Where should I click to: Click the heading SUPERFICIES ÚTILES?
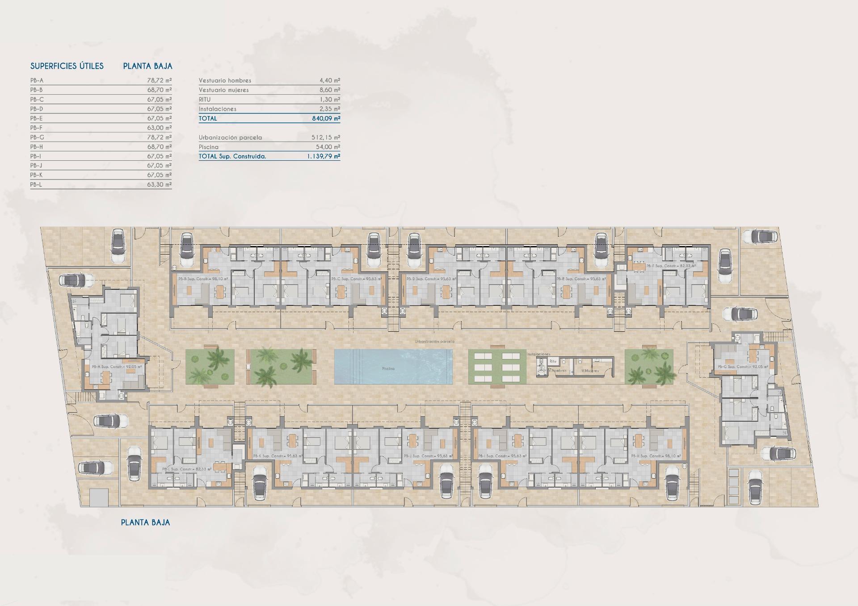[x=67, y=66]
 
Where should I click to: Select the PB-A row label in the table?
[x=37, y=81]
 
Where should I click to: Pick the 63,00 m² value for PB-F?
[x=159, y=128]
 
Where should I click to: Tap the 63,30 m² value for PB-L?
[x=159, y=184]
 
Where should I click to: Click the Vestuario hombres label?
[x=225, y=81]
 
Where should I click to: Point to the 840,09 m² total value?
[x=326, y=119]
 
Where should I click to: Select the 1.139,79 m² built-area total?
[x=323, y=157]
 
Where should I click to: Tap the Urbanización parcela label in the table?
[x=230, y=138]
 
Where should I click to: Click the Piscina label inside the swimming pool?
[x=388, y=369]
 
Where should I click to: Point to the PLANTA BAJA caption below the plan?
[x=145, y=522]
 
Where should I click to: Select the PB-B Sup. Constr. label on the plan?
[x=203, y=279]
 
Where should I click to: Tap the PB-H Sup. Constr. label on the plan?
[x=656, y=456]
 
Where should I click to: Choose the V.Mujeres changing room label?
[x=590, y=371]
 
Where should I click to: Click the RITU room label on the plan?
[x=553, y=361]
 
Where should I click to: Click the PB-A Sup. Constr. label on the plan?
[x=116, y=367]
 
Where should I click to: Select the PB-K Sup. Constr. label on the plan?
[x=278, y=456]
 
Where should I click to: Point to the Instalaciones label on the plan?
[x=538, y=354]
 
